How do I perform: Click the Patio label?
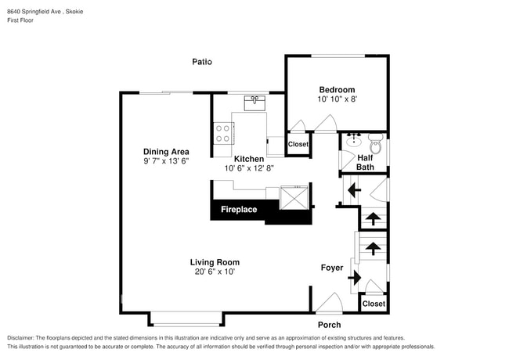pos(202,62)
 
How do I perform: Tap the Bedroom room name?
pos(337,89)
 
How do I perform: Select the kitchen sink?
pos(254,103)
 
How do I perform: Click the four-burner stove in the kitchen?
pos(223,134)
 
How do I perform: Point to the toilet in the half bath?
pos(376,144)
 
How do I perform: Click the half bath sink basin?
pos(352,141)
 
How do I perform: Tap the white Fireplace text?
pos(239,210)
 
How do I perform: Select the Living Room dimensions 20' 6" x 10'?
pos(215,272)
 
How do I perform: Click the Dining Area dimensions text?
pos(166,161)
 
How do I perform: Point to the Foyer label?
pos(332,268)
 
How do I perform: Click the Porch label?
pos(329,325)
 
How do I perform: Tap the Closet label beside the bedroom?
pos(298,144)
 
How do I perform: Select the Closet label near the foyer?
pos(374,304)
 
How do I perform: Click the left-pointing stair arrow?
pos(354,190)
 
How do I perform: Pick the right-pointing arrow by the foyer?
pos(355,278)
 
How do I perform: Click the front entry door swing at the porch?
pos(329,303)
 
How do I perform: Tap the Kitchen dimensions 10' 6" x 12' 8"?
pos(249,168)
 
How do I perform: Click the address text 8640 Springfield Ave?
pos(34,12)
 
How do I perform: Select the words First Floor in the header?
pos(20,20)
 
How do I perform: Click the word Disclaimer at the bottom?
pos(21,338)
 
